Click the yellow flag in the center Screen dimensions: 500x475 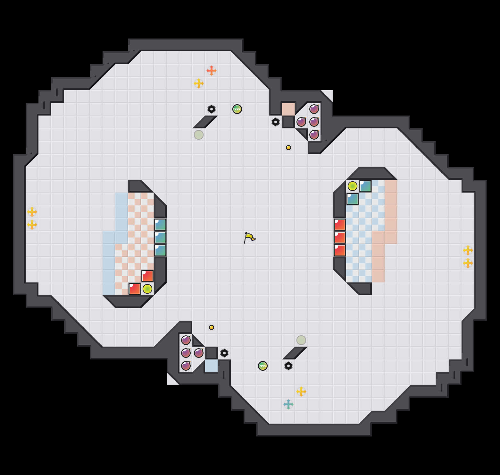249,238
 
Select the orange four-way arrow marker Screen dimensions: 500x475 212,71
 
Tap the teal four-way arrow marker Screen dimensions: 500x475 288,404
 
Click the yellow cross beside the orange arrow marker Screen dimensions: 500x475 199,83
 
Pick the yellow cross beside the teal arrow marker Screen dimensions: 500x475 301,392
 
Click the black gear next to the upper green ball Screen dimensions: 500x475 212,109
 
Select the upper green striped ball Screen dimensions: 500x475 237,109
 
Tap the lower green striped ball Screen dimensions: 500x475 263,366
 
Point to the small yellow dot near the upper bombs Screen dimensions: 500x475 288,148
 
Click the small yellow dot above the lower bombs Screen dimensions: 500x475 212,327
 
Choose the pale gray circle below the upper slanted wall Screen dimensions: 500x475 199,135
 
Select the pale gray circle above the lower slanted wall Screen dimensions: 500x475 301,340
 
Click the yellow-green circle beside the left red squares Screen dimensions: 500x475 147,289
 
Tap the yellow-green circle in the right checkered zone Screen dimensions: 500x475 353,186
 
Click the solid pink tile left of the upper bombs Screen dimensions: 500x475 288,109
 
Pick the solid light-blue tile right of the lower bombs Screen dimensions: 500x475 212,366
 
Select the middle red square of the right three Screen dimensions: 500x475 340,237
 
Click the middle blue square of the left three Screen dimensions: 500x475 160,237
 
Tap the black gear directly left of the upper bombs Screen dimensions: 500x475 276,122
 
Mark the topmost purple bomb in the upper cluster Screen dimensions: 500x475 314,109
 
